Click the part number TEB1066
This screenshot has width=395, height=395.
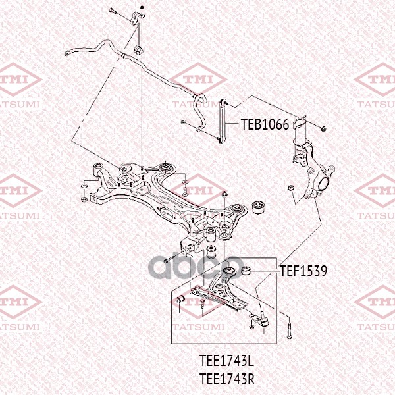click(x=265, y=124)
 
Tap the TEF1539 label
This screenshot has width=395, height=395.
click(x=303, y=271)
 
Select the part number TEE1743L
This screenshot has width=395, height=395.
click(x=226, y=361)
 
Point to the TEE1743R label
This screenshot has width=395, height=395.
click(x=226, y=379)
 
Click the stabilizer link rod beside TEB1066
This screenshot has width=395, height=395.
click(x=223, y=121)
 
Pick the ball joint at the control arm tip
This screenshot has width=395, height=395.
click(x=263, y=319)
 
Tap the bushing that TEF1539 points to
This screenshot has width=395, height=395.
click(x=246, y=271)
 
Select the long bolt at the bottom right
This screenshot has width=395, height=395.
click(x=289, y=328)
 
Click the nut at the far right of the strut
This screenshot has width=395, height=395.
click(x=323, y=129)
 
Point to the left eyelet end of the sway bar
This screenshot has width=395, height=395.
click(x=68, y=53)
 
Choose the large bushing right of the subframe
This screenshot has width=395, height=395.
click(x=258, y=207)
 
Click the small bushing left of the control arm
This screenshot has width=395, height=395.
click(x=180, y=300)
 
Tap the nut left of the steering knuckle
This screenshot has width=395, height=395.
click(x=291, y=188)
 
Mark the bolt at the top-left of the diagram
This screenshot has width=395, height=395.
click(x=114, y=11)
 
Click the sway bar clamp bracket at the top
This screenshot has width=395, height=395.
click(x=137, y=18)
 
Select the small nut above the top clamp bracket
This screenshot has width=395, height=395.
click(x=142, y=7)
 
